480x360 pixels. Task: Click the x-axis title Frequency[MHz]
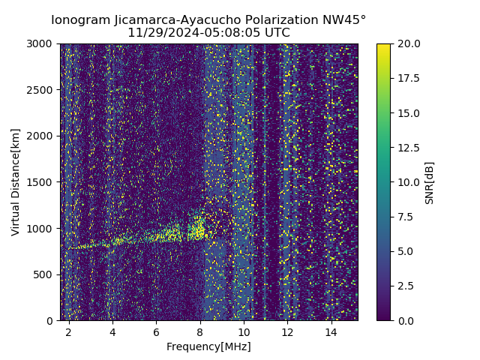[208, 346]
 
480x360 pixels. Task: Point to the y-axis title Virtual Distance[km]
[16, 181]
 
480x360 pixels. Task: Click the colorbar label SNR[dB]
[430, 182]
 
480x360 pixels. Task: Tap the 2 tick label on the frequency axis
[69, 331]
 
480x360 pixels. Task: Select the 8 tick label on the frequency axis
[200, 331]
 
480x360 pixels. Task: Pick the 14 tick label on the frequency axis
[331, 331]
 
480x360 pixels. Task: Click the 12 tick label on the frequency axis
[287, 331]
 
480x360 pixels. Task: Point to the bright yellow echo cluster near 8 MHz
[197, 227]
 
